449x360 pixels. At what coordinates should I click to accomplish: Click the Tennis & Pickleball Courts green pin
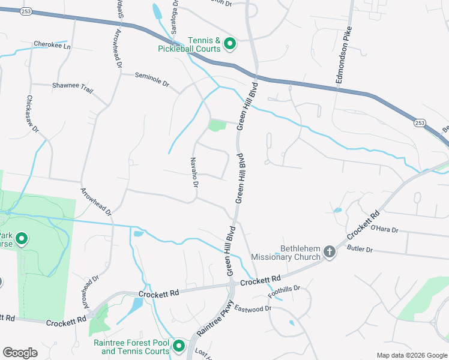pos(229,43)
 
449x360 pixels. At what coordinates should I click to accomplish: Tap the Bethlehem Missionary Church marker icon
pos(329,252)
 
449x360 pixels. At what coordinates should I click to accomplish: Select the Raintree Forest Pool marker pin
pos(179,346)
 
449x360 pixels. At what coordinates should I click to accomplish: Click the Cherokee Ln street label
pos(52,45)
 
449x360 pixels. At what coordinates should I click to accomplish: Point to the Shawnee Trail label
pos(73,88)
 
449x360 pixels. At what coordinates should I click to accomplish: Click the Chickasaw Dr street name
pos(32,113)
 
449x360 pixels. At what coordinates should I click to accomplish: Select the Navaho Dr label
pos(194,172)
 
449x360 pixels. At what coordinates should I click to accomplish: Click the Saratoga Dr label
pos(175,11)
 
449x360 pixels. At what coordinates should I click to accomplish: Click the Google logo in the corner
pos(20,352)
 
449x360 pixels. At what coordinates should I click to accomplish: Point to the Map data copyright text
pos(411,355)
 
